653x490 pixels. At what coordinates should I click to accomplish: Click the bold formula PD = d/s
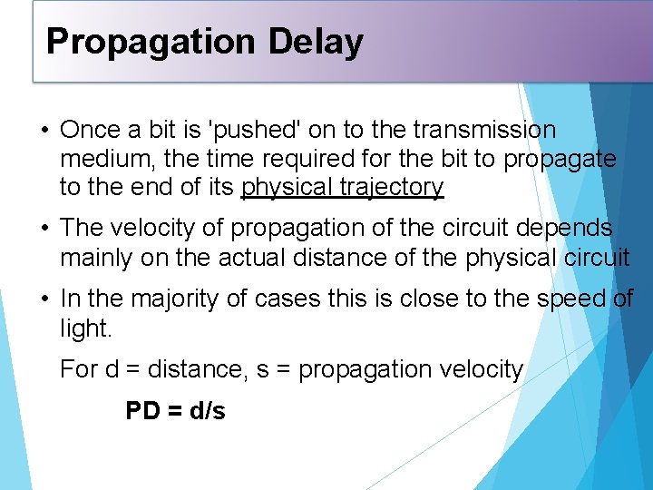[175, 410]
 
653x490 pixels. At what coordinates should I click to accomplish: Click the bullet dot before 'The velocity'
[44, 229]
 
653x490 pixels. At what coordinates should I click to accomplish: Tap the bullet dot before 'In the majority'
[44, 299]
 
